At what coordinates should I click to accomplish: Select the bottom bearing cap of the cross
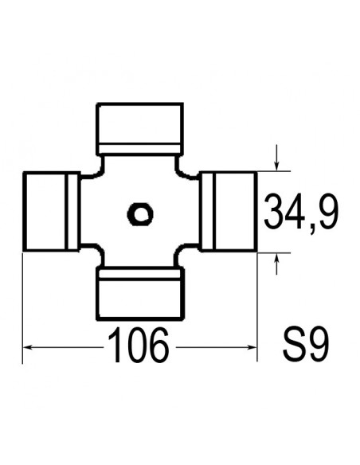pyautogui.click(x=140, y=293)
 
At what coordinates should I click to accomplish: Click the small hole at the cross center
pyautogui.click(x=140, y=213)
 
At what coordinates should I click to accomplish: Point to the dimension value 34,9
pyautogui.click(x=301, y=213)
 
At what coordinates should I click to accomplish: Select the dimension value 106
pyautogui.click(x=139, y=346)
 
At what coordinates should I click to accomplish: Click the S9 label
pyautogui.click(x=306, y=347)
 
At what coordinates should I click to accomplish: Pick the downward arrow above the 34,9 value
pyautogui.click(x=276, y=163)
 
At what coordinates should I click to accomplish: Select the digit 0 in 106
pyautogui.click(x=139, y=346)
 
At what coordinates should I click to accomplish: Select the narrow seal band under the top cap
pyautogui.click(x=140, y=147)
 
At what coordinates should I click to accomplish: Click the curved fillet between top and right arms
pyautogui.click(x=181, y=170)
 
